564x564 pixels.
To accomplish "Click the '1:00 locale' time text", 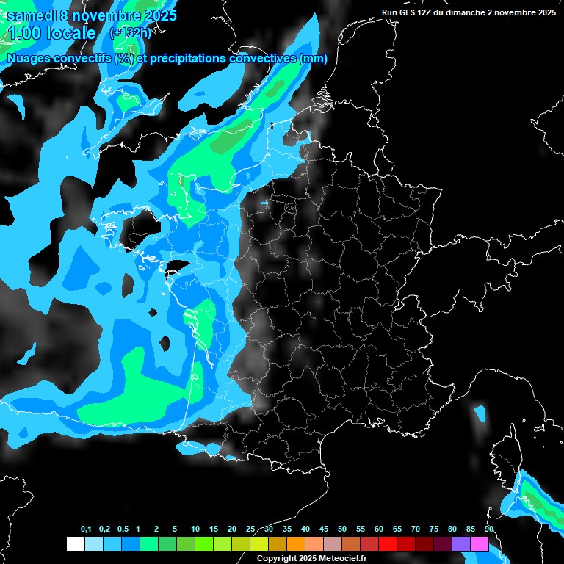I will point(51,33).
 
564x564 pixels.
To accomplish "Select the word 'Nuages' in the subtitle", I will point(29,59).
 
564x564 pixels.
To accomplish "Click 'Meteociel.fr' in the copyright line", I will point(343,558).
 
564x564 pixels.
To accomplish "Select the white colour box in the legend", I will point(75,544).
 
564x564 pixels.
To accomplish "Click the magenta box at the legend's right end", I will point(480,544).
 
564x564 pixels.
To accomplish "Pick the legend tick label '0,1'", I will point(86,529).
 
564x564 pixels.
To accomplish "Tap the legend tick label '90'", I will point(489,529).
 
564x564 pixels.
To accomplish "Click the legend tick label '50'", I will point(342,529).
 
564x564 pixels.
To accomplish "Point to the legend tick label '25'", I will point(250,529).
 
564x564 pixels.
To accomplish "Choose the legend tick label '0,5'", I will point(122,529).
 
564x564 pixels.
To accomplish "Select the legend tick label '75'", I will point(434,529).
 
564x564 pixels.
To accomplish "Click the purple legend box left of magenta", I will point(461,544).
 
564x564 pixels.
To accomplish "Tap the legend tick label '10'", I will point(195,529).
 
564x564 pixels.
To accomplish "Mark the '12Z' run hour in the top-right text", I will point(429,12).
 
